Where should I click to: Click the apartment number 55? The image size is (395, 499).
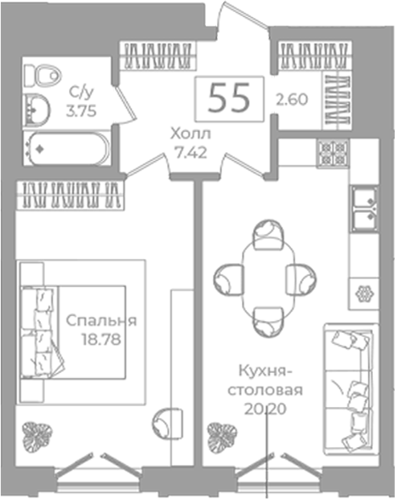[x=228, y=99]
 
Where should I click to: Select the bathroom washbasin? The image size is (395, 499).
[x=37, y=108]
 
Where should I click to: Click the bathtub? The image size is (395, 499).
[x=66, y=149]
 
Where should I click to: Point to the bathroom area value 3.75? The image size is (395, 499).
[x=82, y=112]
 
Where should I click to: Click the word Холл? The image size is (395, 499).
[x=191, y=135]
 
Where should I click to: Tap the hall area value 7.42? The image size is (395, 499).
[x=192, y=153]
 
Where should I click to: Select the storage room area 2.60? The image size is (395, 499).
[x=292, y=100]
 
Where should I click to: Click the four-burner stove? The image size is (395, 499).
[x=333, y=153]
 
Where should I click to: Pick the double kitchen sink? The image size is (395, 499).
[x=365, y=208]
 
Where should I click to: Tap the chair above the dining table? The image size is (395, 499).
[x=268, y=234]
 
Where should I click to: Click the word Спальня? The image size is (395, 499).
[x=101, y=321]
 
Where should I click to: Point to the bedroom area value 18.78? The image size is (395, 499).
[x=101, y=340]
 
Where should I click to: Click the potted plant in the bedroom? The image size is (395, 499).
[x=37, y=435]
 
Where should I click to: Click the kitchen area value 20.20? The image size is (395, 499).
[x=266, y=410]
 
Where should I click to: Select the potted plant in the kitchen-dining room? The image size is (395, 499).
[x=222, y=435]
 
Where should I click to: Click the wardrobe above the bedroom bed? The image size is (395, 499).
[x=70, y=195]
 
